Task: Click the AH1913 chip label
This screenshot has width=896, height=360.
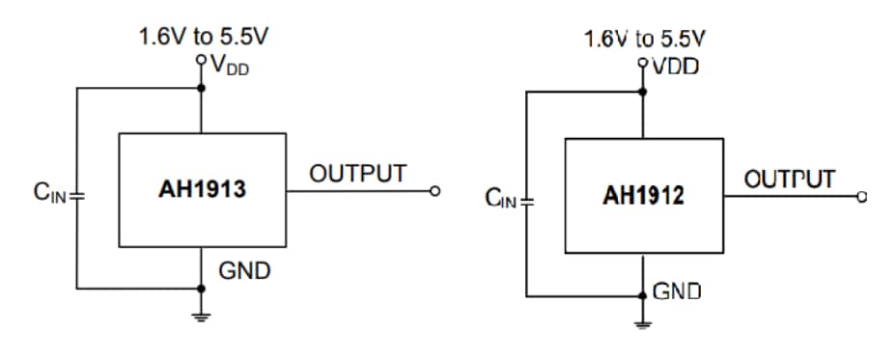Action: pos(202,190)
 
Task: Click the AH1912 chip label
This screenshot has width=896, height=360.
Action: pos(643,196)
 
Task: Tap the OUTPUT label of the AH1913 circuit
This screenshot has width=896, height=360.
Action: pos(357,174)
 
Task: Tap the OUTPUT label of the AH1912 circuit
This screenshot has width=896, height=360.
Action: pos(789,180)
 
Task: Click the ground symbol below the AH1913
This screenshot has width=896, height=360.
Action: pos(202,317)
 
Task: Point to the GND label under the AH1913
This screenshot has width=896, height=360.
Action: pos(244,271)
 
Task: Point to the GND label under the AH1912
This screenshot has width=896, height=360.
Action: pos(677,291)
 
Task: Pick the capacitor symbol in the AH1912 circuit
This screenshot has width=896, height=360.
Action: pos(526,202)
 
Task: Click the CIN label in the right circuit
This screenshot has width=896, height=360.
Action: pos(502,200)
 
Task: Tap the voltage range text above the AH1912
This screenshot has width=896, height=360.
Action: pos(644,40)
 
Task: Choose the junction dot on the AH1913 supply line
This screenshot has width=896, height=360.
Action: pos(202,88)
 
